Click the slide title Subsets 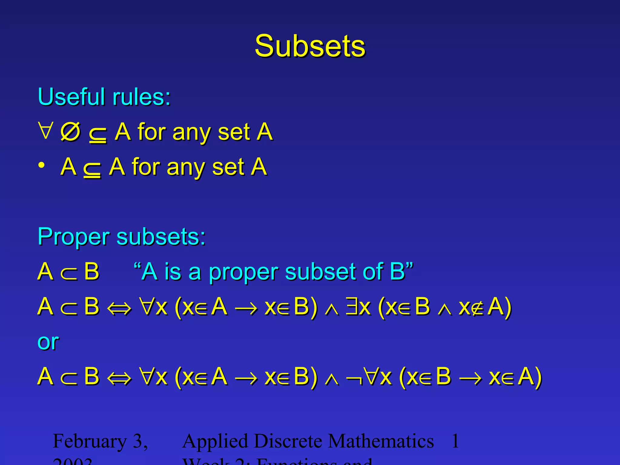pyautogui.click(x=310, y=46)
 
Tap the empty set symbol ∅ pyautogui.click(x=70, y=132)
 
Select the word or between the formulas pyautogui.click(x=48, y=342)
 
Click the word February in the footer pyautogui.click(x=90, y=441)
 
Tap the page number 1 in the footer pyautogui.click(x=455, y=441)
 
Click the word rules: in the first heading pyautogui.click(x=141, y=97)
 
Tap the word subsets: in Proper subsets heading pyautogui.click(x=161, y=237)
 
